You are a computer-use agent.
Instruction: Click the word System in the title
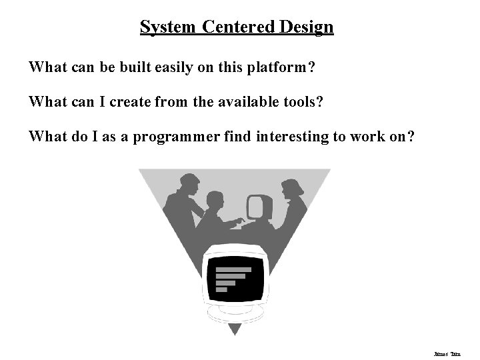click(167, 27)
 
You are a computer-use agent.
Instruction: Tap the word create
click(131, 102)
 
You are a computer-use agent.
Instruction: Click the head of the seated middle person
click(215, 200)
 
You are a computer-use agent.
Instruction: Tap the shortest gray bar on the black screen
click(221, 289)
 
